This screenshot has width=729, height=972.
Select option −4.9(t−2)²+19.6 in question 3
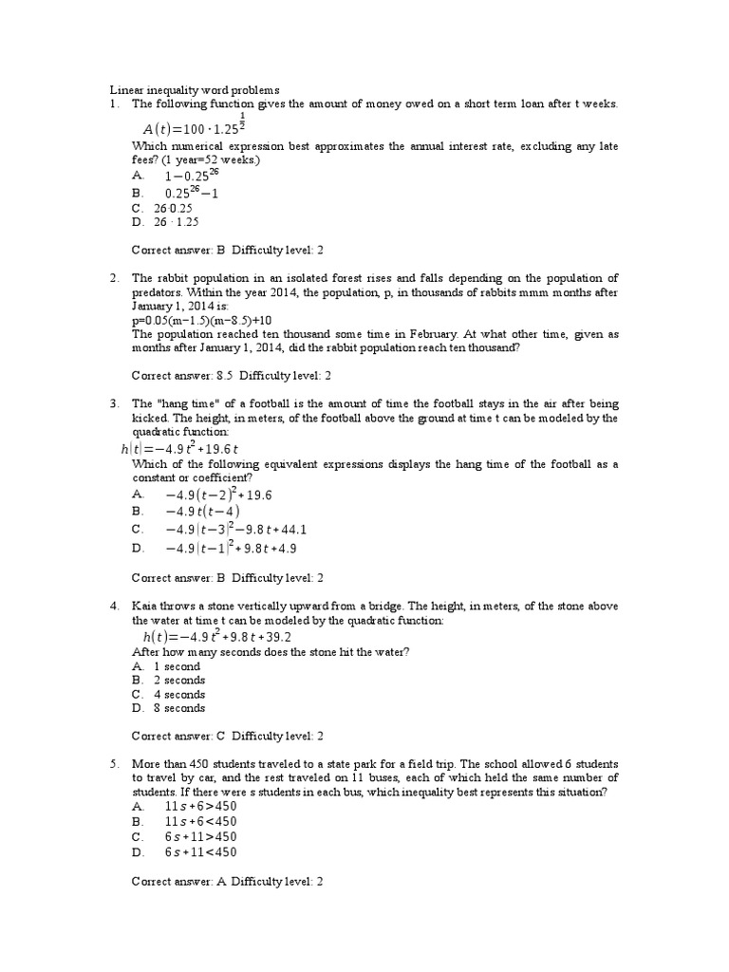(219, 495)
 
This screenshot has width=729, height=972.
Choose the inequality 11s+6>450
(200, 805)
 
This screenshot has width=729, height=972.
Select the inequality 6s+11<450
(200, 851)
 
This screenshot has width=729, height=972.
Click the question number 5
(113, 763)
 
